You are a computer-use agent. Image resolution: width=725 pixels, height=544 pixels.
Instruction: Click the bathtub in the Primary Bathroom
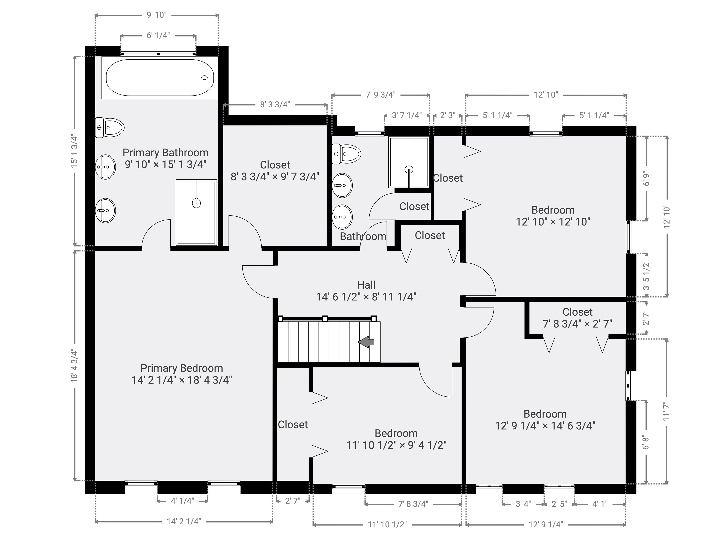pos(160,78)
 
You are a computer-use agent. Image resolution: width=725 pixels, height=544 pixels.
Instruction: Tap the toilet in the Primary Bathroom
pos(110,128)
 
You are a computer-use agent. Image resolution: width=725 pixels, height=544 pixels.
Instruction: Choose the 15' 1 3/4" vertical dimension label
pos(75,152)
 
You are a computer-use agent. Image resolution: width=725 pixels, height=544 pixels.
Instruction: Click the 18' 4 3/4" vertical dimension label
pos(75,366)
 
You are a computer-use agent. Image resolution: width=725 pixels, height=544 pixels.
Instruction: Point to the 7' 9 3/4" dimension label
pos(380,95)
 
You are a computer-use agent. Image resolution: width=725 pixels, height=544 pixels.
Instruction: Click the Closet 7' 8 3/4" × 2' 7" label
pos(578,318)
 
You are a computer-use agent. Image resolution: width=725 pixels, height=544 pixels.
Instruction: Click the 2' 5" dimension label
pos(559,504)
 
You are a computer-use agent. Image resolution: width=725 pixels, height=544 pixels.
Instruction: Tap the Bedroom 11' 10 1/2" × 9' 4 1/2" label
pos(396,439)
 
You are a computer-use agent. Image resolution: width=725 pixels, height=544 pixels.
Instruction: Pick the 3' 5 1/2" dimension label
pos(646,275)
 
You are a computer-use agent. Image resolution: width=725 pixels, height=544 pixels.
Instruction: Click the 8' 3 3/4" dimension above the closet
pos(275,104)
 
